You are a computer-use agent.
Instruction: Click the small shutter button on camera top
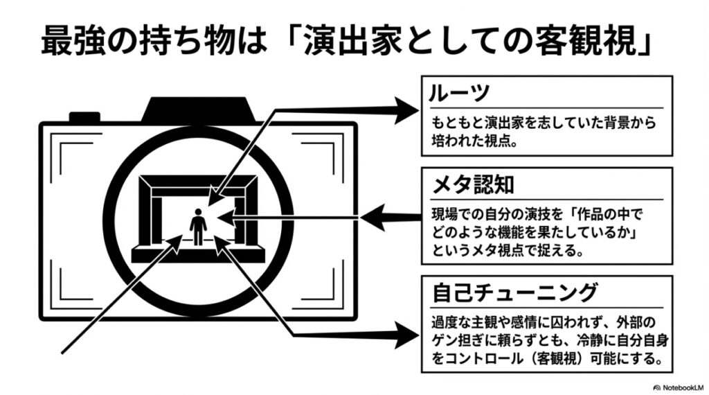click(x=84, y=116)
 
